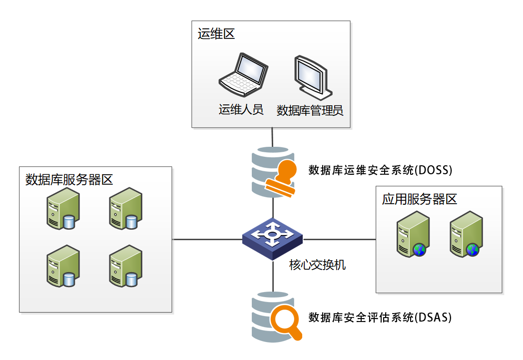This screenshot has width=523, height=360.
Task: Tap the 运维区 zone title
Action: click(216, 34)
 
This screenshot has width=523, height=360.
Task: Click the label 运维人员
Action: click(241, 110)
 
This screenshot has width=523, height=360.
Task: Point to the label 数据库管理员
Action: click(310, 110)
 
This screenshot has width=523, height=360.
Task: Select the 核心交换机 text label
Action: click(318, 265)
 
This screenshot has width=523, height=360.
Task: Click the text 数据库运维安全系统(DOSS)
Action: click(380, 170)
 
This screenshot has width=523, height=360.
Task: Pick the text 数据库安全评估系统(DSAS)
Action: click(380, 318)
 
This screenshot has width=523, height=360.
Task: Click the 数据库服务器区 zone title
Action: click(69, 179)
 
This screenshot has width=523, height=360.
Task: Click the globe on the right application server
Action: click(472, 249)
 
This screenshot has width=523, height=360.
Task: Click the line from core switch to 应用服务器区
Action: click(340, 239)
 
